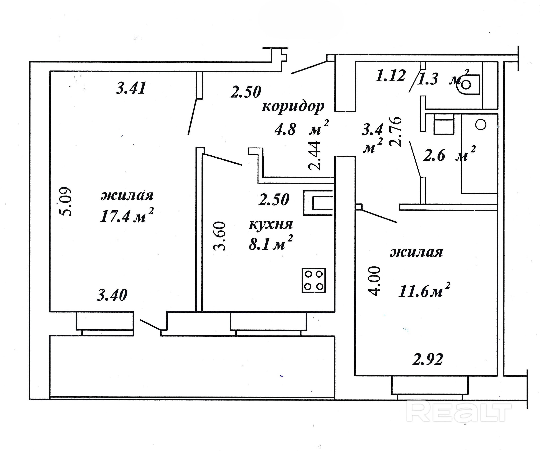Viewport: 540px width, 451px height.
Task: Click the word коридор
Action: point(293,106)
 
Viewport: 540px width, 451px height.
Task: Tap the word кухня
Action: point(271,224)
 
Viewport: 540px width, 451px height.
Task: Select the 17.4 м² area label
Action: point(127,215)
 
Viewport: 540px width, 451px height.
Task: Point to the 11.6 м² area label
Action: point(424,290)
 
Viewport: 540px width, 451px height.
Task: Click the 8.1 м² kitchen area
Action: point(271,243)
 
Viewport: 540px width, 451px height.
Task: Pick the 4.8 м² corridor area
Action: point(302,127)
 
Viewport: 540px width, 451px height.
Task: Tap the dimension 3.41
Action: point(131,88)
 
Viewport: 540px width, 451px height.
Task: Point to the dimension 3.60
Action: point(219,236)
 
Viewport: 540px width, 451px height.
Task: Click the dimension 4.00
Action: point(374,281)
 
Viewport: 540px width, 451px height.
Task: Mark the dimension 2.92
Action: point(428,359)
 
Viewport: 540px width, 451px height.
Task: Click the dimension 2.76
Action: point(395,132)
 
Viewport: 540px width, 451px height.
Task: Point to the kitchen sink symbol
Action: point(319,203)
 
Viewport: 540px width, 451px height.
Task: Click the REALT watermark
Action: point(459,412)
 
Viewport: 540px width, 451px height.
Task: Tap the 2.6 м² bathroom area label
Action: point(449,154)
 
